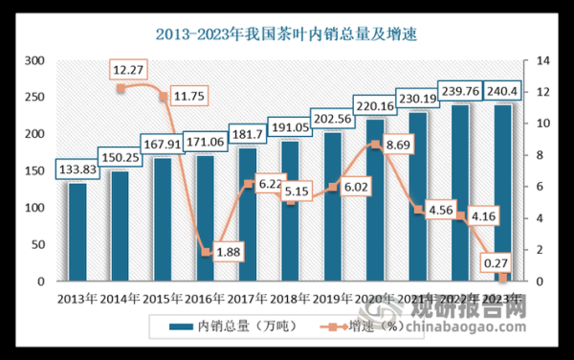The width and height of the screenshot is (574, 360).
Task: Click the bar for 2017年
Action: tap(247, 214)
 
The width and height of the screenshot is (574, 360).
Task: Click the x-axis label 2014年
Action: tap(120, 298)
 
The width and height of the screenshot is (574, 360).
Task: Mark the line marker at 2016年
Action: tap(204, 253)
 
